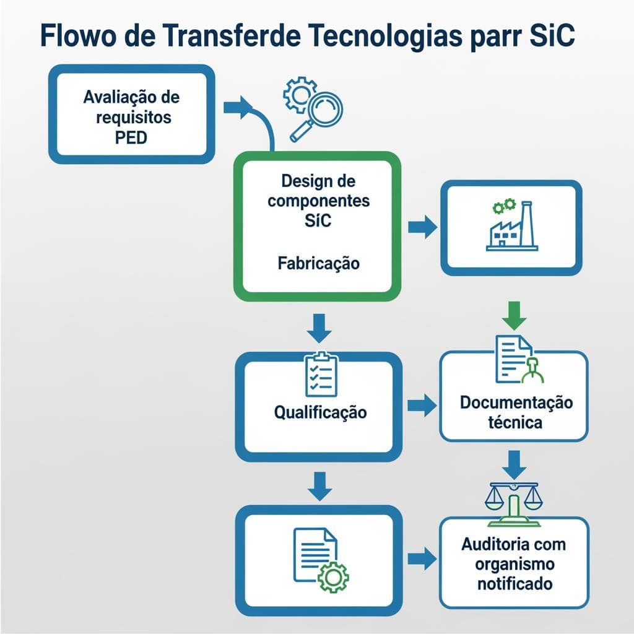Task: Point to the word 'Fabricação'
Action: pos(318,263)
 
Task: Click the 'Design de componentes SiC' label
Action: pos(318,201)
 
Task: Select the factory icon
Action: pos(512,227)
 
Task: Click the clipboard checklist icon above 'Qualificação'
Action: pos(321,373)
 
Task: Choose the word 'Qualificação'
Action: pos(319,412)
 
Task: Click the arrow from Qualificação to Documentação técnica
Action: pos(422,406)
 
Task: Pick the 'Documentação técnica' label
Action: pos(516,412)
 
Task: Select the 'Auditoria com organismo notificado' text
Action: pos(513,563)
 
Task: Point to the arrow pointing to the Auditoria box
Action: pos(422,558)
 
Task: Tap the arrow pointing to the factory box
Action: pos(422,227)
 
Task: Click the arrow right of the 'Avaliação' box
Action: pos(238,107)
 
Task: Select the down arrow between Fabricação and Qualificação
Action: pos(319,328)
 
